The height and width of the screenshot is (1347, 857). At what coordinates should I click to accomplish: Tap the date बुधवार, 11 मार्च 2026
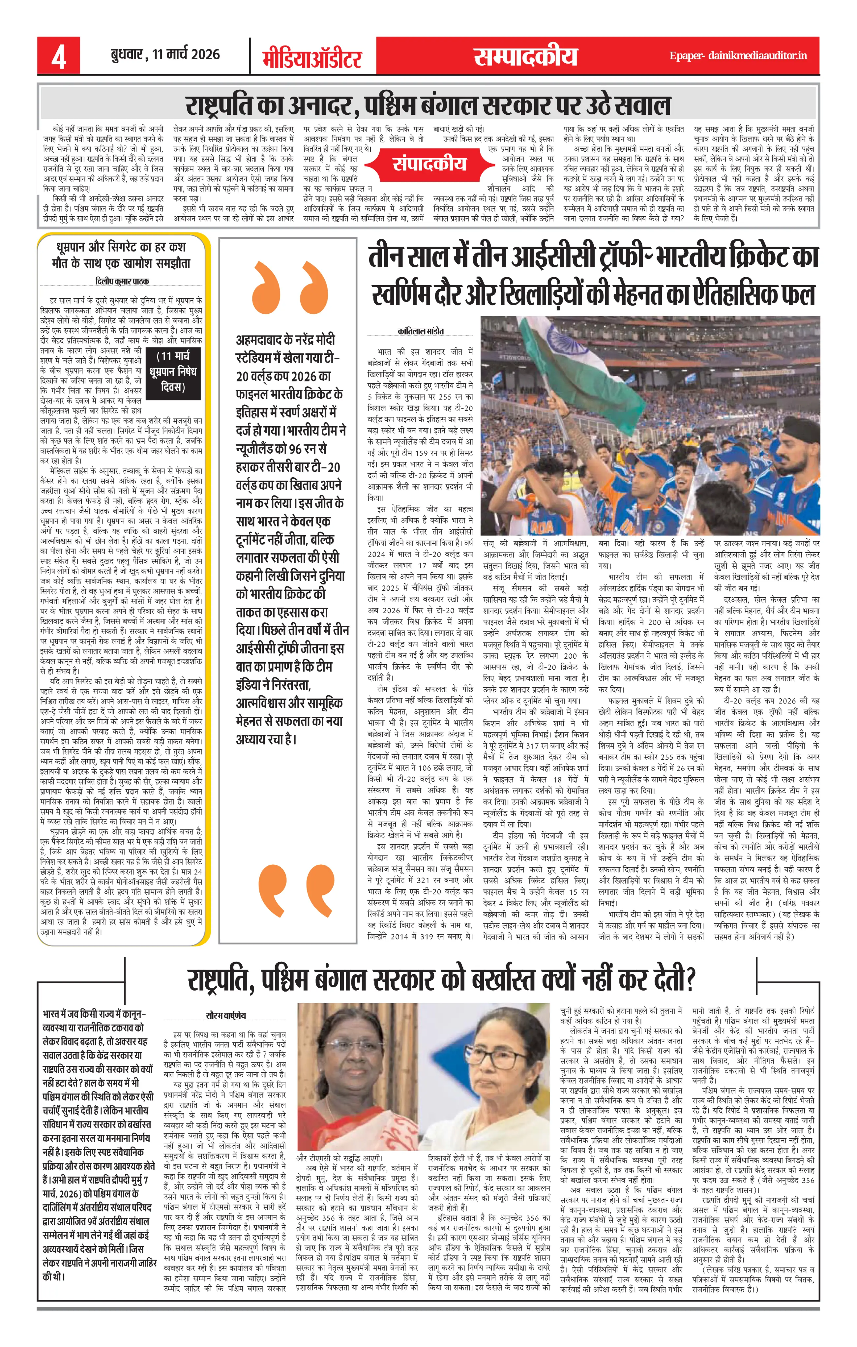(x=165, y=54)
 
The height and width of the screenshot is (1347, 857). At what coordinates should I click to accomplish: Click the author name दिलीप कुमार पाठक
(x=122, y=282)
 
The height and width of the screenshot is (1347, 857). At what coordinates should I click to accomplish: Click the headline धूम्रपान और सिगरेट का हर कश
(x=121, y=247)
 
